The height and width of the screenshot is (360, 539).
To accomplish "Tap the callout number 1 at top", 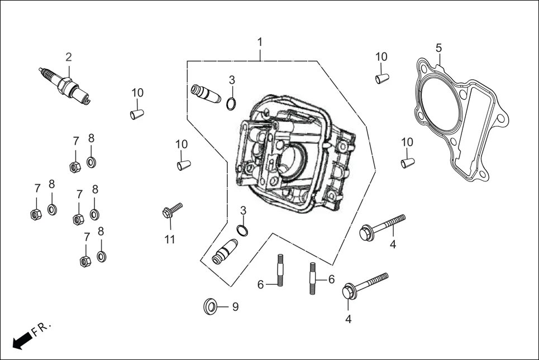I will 260,42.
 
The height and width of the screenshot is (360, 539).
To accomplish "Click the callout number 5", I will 438,47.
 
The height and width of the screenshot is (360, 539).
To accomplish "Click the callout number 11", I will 169,239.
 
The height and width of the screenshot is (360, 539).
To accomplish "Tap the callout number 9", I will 235,306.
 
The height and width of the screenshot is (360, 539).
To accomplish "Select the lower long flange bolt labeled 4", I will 365,285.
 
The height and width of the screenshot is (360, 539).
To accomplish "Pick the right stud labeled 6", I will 312,277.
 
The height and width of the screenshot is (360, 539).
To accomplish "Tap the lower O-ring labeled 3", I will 242,230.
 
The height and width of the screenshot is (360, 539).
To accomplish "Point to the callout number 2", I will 68,57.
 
